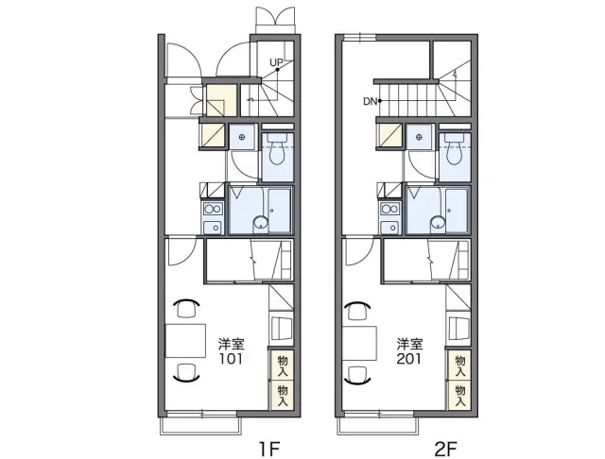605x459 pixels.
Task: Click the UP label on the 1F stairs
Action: pos(276,62)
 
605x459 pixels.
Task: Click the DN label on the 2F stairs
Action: pos(370,101)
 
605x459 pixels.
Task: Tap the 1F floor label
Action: pos(268,449)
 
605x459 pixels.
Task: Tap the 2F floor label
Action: pos(445,449)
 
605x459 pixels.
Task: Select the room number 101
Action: pos(231,359)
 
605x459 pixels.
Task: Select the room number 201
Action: pos(408,359)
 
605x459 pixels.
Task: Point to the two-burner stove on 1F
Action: pos(213,210)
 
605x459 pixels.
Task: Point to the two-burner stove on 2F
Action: pos(389,210)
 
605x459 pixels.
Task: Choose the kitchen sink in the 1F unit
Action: pos(213,228)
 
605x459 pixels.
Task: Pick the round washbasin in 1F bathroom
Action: pos(261,223)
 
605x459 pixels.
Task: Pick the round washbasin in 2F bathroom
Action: pos(439,223)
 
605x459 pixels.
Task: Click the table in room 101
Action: pos(185,341)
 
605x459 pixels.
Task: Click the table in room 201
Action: pos(359,343)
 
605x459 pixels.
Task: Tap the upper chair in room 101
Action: pos(186,308)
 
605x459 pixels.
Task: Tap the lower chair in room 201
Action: pos(358,375)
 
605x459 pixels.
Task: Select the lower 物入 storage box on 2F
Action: pos(459,395)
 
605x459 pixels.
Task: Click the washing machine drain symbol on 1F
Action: pos(242,137)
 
